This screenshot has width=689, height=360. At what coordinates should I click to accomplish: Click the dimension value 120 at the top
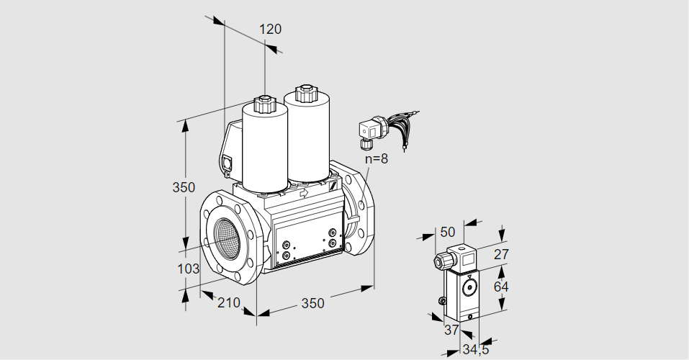[270, 30]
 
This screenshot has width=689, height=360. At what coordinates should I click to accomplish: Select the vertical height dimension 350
[184, 188]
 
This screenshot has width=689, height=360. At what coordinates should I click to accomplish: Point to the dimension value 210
[229, 303]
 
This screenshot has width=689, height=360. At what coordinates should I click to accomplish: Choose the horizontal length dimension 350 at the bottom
[312, 303]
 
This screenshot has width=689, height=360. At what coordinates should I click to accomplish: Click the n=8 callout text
[376, 159]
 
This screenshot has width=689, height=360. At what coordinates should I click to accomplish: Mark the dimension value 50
[448, 232]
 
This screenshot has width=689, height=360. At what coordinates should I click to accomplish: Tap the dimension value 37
[451, 330]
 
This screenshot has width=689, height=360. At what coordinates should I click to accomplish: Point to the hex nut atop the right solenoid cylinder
[305, 93]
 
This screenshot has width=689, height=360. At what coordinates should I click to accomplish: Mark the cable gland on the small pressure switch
[438, 260]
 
